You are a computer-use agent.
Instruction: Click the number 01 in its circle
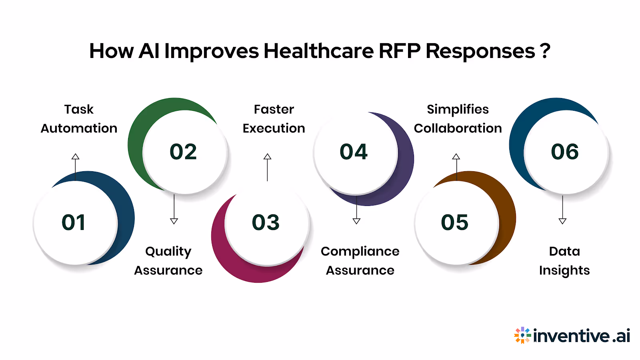[x=74, y=222]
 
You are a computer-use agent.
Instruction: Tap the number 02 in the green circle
[x=183, y=152]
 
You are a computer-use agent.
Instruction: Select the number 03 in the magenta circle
[x=266, y=222]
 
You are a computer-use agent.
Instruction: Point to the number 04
[x=354, y=152]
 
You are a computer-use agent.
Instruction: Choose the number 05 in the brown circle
[x=454, y=222]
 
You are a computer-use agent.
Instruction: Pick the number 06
[x=565, y=152]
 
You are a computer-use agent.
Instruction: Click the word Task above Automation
[x=79, y=109]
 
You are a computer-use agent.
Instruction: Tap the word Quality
[x=168, y=252]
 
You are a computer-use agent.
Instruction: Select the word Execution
[x=274, y=128]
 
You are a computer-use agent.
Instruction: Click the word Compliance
[x=360, y=252]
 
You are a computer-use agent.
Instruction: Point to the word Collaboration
[x=458, y=128]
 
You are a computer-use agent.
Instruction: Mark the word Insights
[x=564, y=271]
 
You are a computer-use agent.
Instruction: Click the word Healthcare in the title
[x=318, y=51]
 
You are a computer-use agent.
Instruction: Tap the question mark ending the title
[x=545, y=51]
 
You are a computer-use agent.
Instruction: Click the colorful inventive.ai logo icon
[x=522, y=335]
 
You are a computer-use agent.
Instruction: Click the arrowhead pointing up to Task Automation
[x=75, y=156]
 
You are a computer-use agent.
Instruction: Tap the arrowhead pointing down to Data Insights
[x=562, y=221]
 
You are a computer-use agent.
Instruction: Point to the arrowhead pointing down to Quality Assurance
[x=174, y=221]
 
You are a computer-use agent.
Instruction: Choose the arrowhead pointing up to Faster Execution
[x=267, y=156]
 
